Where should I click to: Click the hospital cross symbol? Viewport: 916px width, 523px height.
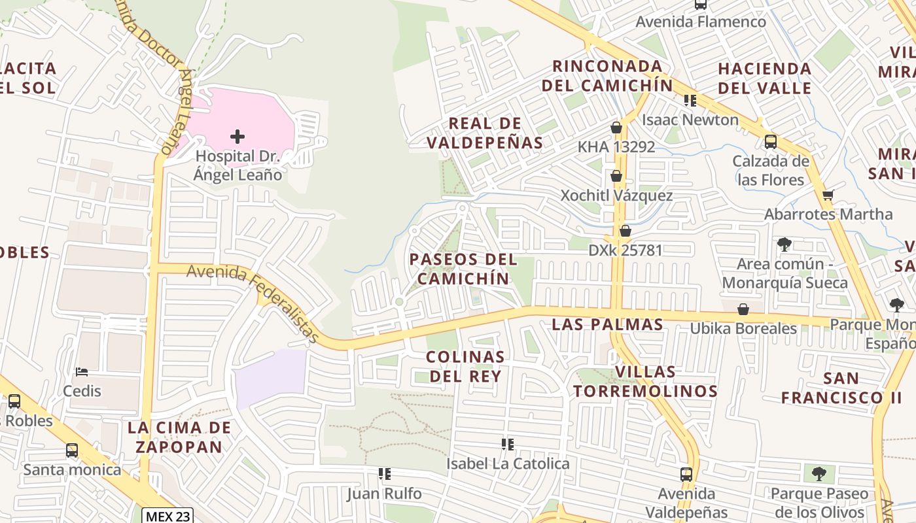[x=238, y=137]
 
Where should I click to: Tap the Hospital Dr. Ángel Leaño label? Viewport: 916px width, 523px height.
[x=238, y=165]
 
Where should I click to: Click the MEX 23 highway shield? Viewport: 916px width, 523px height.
[x=167, y=516]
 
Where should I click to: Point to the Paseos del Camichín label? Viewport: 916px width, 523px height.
[x=463, y=269]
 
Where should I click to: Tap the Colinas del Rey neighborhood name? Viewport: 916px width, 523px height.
[x=465, y=366]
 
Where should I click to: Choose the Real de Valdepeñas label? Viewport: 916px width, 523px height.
[x=485, y=133]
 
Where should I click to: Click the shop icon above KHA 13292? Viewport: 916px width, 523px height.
[x=616, y=127]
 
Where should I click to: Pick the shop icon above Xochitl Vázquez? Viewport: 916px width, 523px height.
[x=616, y=176]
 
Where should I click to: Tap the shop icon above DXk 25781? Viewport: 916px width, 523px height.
[x=625, y=231]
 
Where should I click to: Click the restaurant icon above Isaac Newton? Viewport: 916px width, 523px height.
[x=690, y=101]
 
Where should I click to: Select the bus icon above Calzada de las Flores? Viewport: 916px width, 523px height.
[x=770, y=141]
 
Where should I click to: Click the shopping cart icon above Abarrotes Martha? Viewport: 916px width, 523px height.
[x=828, y=195]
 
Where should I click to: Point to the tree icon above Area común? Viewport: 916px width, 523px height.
[x=784, y=245]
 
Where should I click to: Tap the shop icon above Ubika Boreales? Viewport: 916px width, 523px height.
[x=743, y=309]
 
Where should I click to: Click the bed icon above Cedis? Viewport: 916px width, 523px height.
[x=82, y=372]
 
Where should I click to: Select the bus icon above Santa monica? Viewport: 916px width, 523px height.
[x=72, y=450]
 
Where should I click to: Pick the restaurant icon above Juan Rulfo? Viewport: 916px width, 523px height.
[x=384, y=473]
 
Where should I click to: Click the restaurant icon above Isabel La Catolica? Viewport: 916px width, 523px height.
[x=507, y=445]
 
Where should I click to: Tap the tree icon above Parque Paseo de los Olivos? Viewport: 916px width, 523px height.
[x=819, y=474]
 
